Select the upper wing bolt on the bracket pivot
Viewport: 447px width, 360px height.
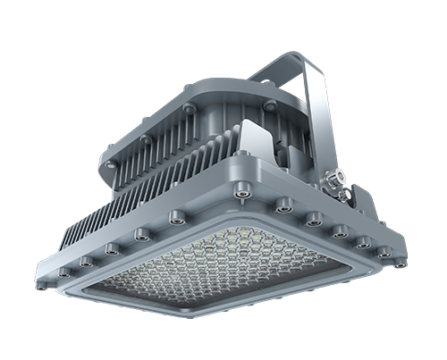click(339, 175)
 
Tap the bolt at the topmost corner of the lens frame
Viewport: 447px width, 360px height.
click(241, 189)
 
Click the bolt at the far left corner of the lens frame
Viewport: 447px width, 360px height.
click(63, 271)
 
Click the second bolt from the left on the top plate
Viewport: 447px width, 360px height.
click(146, 139)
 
